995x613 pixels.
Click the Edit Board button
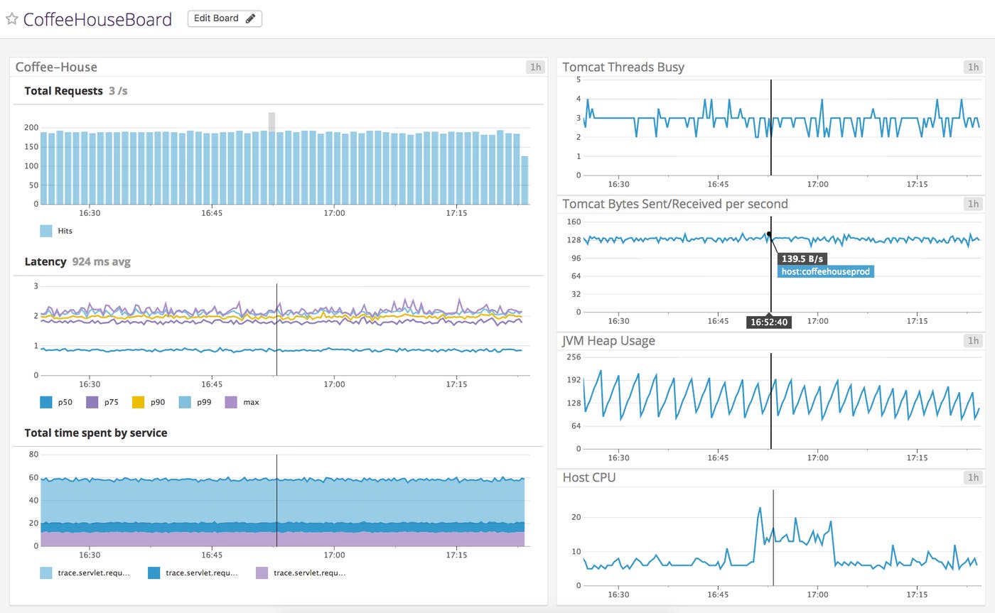[225, 18]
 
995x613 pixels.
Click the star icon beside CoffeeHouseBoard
[11, 19]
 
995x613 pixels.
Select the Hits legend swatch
[46, 231]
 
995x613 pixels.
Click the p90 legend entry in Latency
[149, 402]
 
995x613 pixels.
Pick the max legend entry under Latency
[242, 402]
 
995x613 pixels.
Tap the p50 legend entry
[56, 402]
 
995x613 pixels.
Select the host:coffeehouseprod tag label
[825, 271]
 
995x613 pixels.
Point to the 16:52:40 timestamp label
[768, 322]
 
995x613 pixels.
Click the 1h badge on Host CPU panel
[972, 477]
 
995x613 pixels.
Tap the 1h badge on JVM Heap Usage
[972, 341]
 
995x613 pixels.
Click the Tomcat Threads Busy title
[623, 67]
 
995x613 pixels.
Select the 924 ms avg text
[101, 262]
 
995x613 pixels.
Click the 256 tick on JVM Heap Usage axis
[574, 357]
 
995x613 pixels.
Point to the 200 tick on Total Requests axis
[31, 128]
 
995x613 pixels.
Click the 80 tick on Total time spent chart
[33, 455]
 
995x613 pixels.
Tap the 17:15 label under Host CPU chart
[917, 595]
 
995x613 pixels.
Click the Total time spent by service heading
[96, 433]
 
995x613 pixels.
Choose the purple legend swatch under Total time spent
[262, 573]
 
